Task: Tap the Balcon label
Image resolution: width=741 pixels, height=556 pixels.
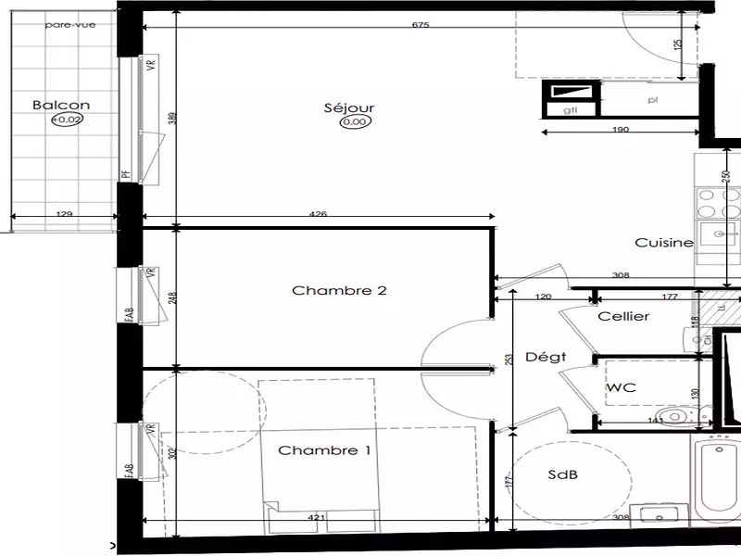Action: (x=61, y=106)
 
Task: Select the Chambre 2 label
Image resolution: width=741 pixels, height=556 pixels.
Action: (x=326, y=290)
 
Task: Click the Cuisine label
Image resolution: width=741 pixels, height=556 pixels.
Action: (x=663, y=243)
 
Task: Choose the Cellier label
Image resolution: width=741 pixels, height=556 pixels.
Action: (x=623, y=316)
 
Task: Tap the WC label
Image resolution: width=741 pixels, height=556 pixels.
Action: (x=620, y=389)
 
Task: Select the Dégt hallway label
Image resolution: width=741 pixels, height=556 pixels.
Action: (x=545, y=357)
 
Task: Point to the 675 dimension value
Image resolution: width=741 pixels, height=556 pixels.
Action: (x=421, y=25)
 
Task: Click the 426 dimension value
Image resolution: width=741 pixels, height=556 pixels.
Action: (x=318, y=216)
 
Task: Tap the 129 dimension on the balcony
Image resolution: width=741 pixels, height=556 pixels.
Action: (x=64, y=216)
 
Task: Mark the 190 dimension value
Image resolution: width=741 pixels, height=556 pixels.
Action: (x=621, y=130)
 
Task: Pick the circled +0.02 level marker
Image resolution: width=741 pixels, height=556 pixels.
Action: (x=66, y=120)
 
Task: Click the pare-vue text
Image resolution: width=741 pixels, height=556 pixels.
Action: (x=64, y=25)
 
